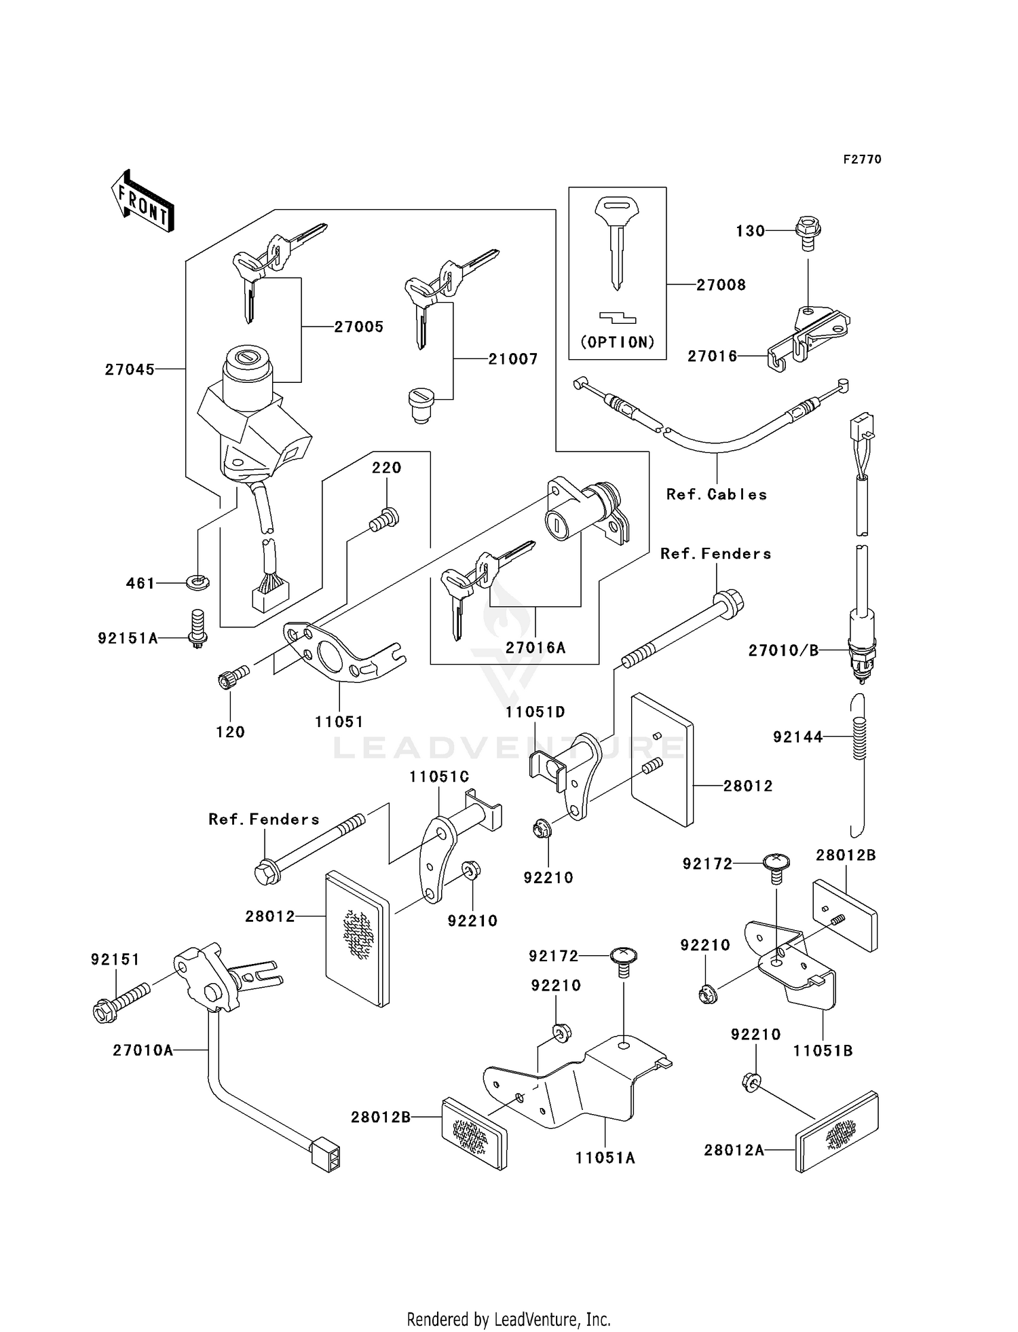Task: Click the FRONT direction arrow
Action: [143, 202]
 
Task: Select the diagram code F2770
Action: [862, 159]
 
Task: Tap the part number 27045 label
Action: [130, 370]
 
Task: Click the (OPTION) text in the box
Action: [618, 342]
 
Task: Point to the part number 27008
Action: [721, 285]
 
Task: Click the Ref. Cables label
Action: [717, 495]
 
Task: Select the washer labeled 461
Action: [197, 581]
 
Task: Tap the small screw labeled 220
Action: [384, 521]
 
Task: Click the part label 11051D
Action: [535, 712]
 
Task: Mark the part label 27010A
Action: [143, 1051]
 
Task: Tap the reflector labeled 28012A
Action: [837, 1130]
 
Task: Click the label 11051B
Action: [823, 1051]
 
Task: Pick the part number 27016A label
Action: [535, 648]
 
